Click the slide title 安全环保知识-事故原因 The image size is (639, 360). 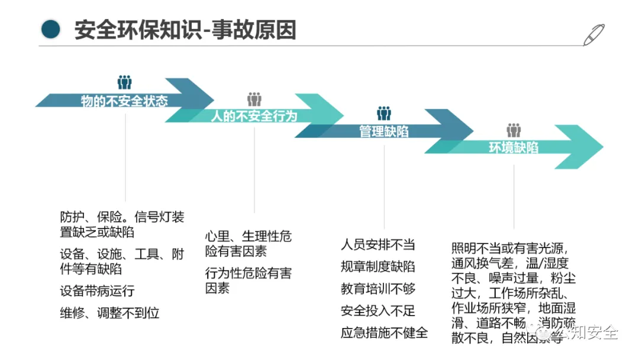click(x=185, y=30)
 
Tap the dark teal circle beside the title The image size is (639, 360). click(x=51, y=28)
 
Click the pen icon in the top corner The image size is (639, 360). click(x=594, y=35)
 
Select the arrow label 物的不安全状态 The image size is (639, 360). click(x=124, y=101)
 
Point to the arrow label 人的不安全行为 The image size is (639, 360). click(x=254, y=116)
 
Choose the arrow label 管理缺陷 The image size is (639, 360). click(x=384, y=131)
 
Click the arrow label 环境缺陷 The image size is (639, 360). click(x=514, y=147)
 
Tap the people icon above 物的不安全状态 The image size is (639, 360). click(x=124, y=82)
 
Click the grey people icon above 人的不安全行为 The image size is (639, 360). click(x=254, y=99)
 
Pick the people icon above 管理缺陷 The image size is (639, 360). click(x=384, y=113)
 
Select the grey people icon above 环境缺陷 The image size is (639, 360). click(x=514, y=130)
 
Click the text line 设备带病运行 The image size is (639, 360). click(x=98, y=291)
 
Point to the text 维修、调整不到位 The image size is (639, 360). click(x=110, y=313)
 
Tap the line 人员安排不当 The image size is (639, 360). click(x=378, y=245)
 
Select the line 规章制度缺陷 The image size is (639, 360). click(x=378, y=266)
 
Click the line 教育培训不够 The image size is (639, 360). click(x=378, y=288)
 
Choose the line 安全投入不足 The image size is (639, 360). click(x=378, y=310)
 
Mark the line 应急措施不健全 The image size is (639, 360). click(x=384, y=332)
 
